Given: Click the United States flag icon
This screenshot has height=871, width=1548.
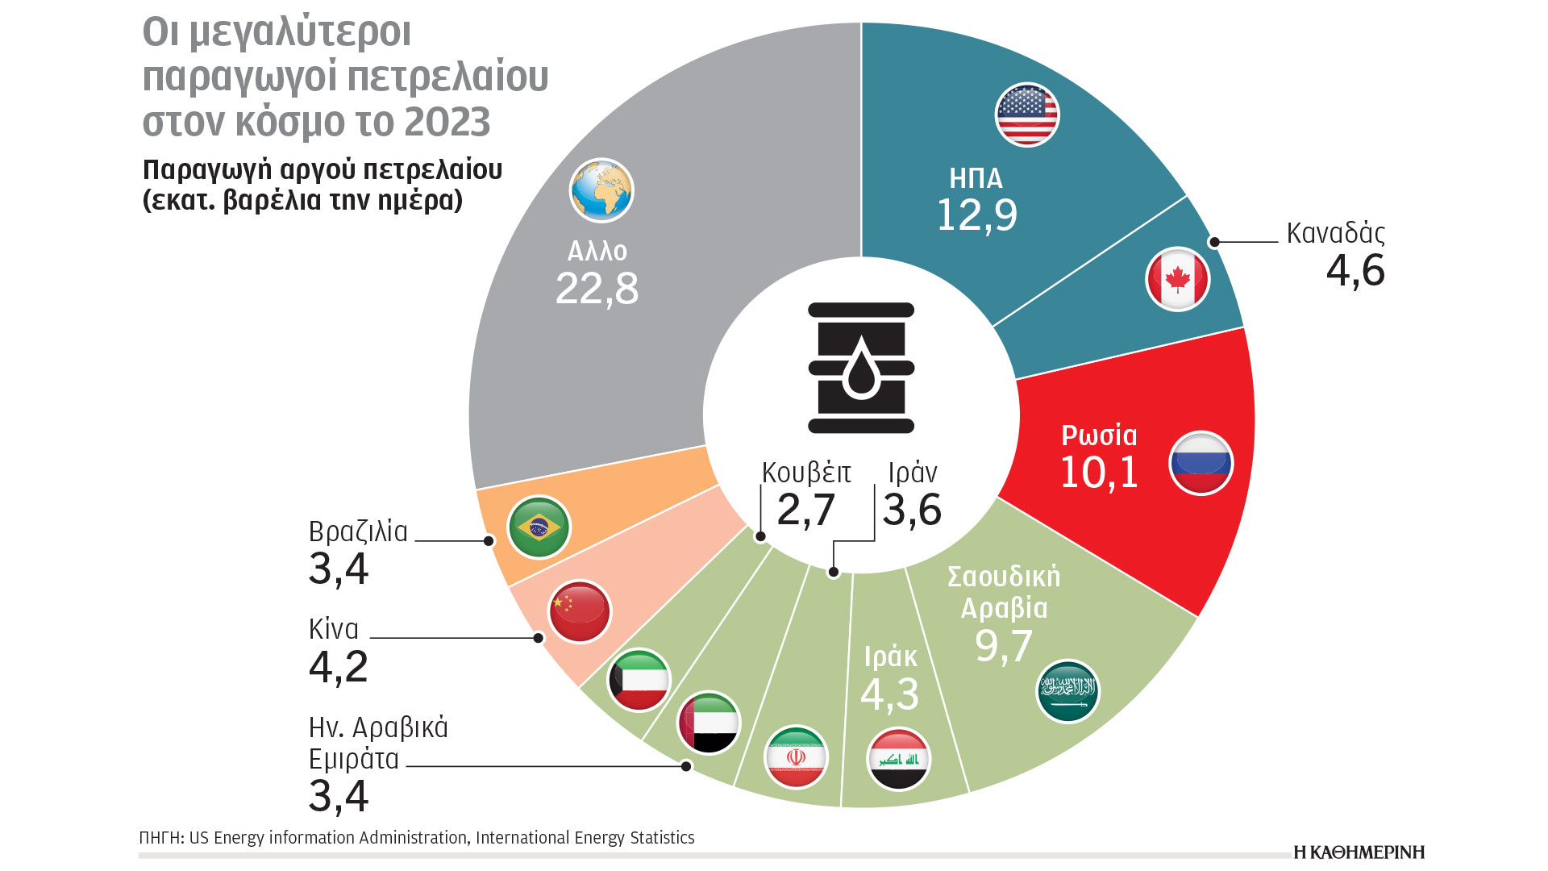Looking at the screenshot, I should (1027, 115).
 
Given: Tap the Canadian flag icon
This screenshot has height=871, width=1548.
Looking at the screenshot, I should (1178, 279).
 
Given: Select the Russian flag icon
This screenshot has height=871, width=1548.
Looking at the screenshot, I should (1201, 463).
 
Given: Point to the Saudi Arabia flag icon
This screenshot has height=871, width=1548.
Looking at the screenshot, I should (1067, 691).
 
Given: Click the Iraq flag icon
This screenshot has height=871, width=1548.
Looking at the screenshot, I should (899, 759).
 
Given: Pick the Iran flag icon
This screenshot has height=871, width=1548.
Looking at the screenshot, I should (796, 757).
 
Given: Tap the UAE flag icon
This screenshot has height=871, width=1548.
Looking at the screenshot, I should (709, 723).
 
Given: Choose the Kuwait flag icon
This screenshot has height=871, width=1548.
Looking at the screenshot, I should (639, 680).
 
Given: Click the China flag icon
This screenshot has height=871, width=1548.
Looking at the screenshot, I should (580, 611).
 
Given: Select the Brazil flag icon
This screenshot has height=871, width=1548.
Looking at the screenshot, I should (539, 527).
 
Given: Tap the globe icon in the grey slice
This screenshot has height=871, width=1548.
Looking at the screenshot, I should (601, 190).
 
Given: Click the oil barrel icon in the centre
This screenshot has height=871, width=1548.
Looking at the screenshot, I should (861, 368).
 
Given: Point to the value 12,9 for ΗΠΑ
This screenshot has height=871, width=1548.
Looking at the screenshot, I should (976, 215).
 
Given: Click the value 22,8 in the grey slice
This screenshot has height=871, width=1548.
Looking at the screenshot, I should (597, 289).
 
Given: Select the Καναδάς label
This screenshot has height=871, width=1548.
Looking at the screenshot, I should (1335, 233).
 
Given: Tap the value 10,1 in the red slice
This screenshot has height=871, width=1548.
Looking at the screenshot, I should (1099, 473).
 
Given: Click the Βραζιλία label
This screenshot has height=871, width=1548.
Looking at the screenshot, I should (358, 532).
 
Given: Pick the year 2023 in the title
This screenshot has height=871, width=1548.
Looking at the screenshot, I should (447, 123).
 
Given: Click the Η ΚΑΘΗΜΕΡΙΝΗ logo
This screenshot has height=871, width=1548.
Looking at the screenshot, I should (1359, 852).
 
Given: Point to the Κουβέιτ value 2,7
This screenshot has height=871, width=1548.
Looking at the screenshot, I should (805, 510).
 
